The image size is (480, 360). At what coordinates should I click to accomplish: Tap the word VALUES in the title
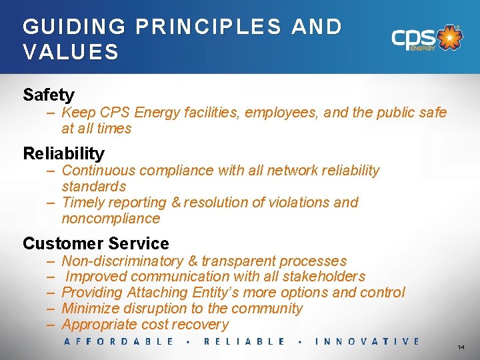[x=71, y=51]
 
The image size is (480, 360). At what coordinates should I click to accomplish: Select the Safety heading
[x=49, y=95]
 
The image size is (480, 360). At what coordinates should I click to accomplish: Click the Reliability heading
[x=63, y=153]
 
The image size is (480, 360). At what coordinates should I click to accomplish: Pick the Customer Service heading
[x=96, y=243]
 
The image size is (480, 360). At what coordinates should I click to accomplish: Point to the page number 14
[x=461, y=348]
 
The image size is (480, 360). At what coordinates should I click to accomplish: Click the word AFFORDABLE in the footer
[x=119, y=341]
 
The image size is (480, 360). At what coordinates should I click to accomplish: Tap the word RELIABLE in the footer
[x=244, y=341]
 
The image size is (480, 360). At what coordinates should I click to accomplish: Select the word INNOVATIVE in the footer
[x=367, y=341]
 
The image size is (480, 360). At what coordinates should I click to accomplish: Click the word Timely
[x=81, y=202]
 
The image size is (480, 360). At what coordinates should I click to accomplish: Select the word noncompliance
[x=111, y=219]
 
